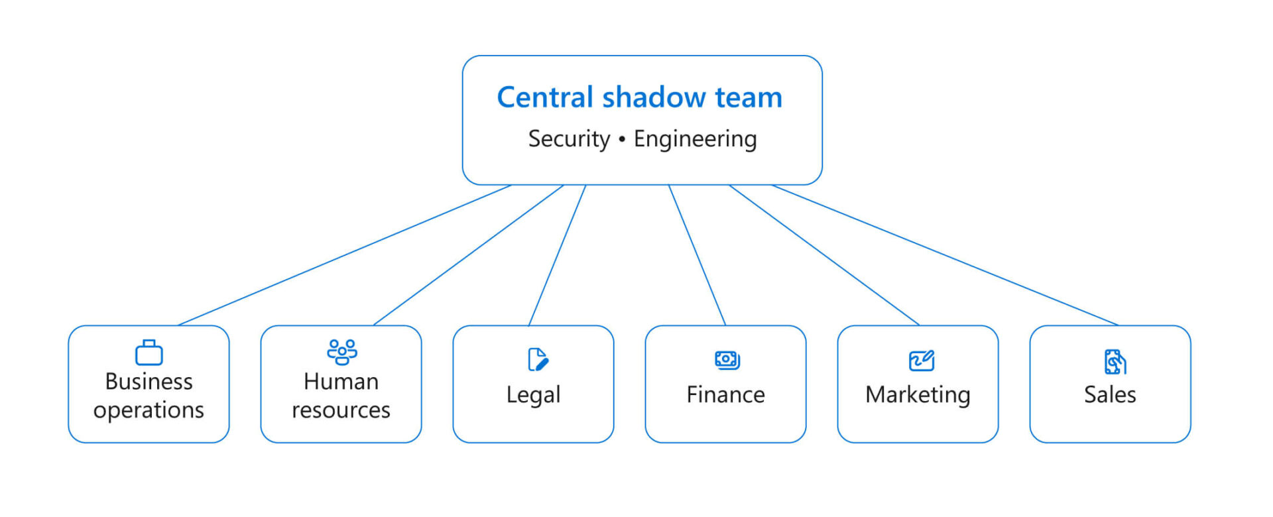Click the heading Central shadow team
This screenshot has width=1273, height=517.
point(639,97)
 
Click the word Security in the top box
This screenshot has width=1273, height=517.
point(569,139)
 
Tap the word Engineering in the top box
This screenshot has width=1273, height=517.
point(695,139)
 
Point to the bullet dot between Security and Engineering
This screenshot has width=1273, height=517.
point(622,139)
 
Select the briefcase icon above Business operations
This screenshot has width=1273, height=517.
point(149,353)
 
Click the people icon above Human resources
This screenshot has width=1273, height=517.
point(342,352)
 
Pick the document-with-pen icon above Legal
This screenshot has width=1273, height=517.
point(538,359)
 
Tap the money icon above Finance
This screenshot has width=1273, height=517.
point(727,360)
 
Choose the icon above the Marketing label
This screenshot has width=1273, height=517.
point(921,361)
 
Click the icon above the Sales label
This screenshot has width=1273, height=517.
point(1115,362)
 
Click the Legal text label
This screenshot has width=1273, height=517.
point(533,395)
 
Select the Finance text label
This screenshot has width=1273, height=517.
point(725,395)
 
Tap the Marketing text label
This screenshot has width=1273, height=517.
point(918,395)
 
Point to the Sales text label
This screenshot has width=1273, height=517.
point(1110,395)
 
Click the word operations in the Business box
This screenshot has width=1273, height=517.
point(149,410)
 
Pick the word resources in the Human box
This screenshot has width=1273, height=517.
point(341,410)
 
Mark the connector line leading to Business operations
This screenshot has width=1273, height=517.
point(345,255)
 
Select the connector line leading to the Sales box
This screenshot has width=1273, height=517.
point(945,255)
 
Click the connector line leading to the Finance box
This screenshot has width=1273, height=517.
point(697,255)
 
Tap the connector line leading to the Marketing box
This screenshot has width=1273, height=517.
point(824,255)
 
